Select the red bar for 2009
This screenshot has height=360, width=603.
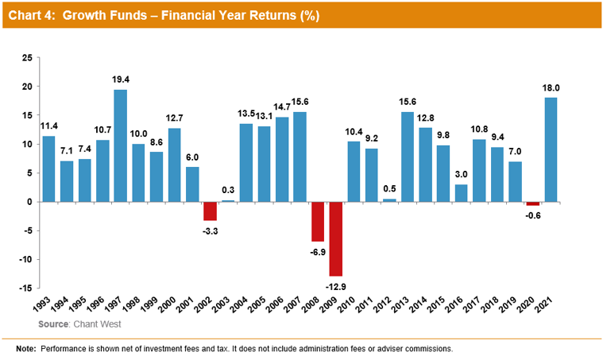[336, 238]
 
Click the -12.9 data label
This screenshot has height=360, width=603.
[336, 285]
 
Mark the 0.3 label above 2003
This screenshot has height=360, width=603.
[228, 192]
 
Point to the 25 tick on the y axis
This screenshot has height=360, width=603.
[27, 58]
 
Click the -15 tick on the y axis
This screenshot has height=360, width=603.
[25, 288]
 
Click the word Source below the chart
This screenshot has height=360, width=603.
[53, 324]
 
